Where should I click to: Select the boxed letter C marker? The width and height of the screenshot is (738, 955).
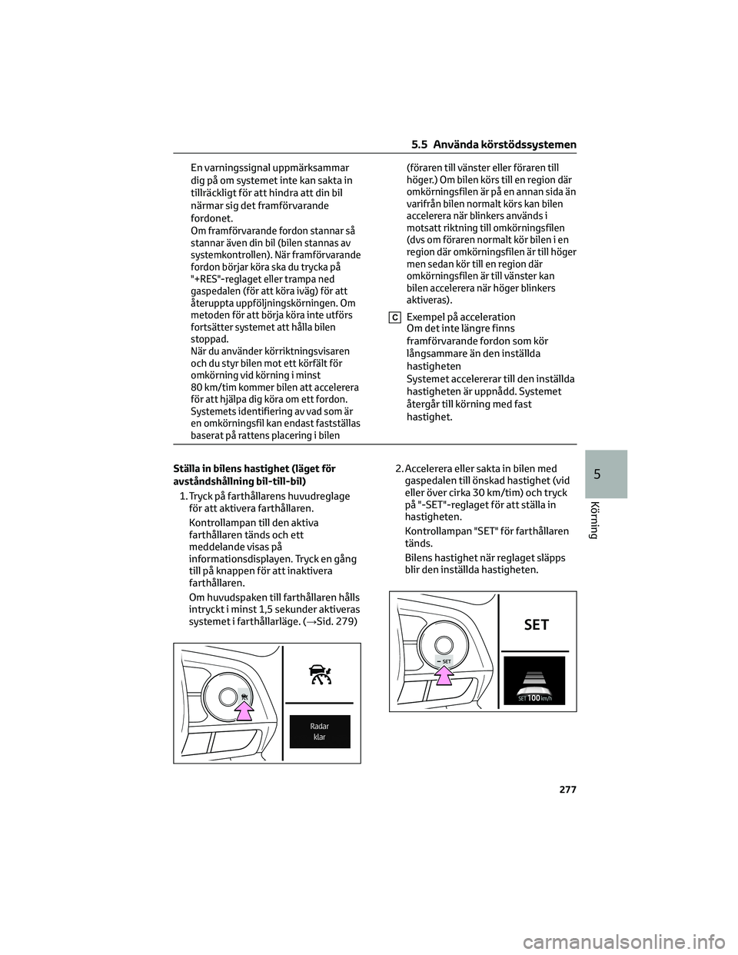pos(393,318)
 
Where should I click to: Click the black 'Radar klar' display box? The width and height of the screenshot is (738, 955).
pos(319,731)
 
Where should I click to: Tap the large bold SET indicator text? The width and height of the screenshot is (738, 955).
pos(536,624)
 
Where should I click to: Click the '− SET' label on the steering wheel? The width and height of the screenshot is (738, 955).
pos(444,661)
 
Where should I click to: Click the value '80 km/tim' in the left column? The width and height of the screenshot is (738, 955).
pos(211,387)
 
